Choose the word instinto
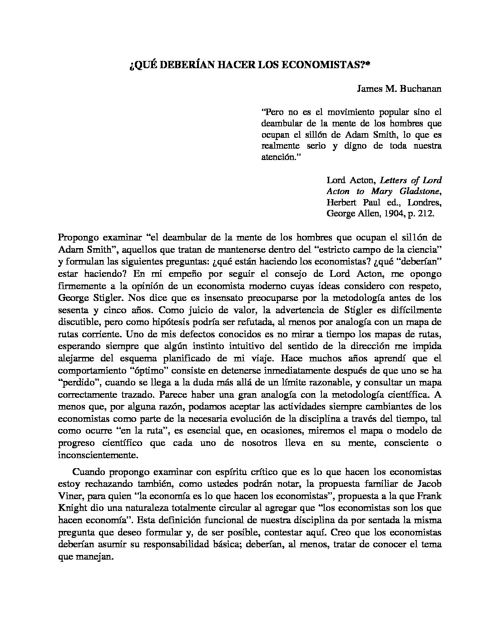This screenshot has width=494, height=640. point(267,346)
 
